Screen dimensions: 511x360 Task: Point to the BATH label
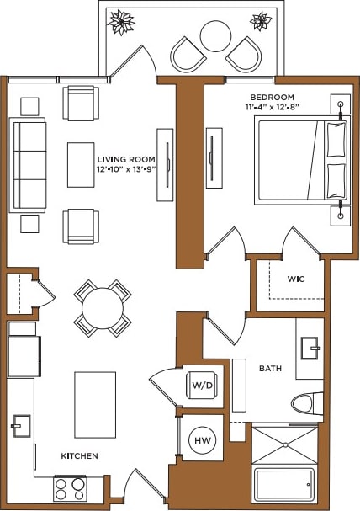point(270,368)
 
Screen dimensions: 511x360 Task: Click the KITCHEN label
point(79,455)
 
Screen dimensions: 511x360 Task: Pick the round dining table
point(103,307)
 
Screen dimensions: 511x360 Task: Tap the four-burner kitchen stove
point(71,488)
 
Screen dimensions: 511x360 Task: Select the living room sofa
point(27,165)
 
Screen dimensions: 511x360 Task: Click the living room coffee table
point(81,165)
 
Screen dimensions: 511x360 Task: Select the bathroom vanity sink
point(312,346)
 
